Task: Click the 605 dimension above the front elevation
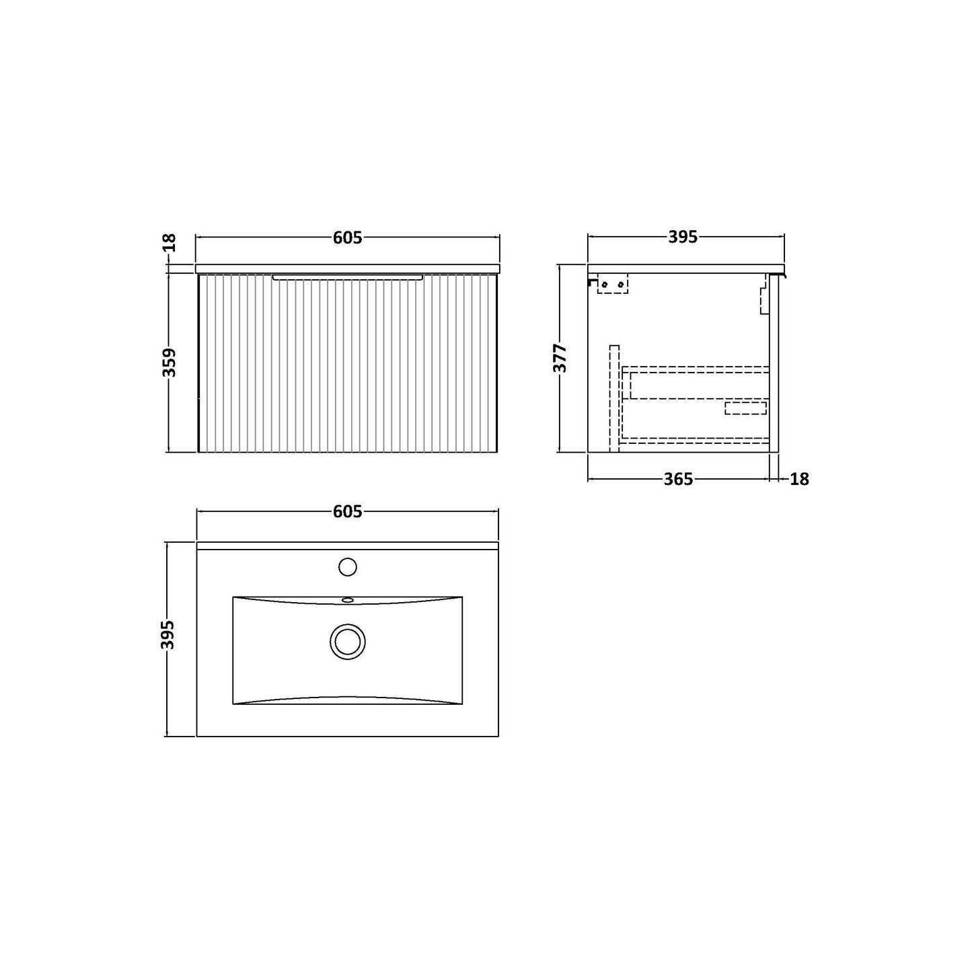[x=348, y=237]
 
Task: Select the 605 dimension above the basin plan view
[x=348, y=512]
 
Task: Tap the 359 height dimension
[x=170, y=362]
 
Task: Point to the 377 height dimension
[x=560, y=358]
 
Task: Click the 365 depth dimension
[x=679, y=479]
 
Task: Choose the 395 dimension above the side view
[x=683, y=237]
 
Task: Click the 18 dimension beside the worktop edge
[x=170, y=243]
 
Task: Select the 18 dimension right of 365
[x=800, y=479]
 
